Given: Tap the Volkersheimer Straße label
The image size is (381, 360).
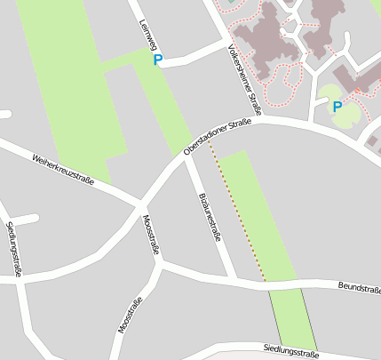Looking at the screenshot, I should pyautogui.click(x=243, y=80).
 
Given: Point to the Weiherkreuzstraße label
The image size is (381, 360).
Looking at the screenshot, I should pyautogui.click(x=62, y=169).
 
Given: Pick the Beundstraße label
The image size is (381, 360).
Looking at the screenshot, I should pyautogui.click(x=359, y=288).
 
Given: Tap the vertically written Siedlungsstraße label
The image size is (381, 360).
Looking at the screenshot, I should pyautogui.click(x=13, y=249).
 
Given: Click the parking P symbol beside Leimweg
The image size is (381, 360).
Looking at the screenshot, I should pyautogui.click(x=158, y=60).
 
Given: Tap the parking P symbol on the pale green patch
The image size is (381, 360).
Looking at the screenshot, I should pyautogui.click(x=337, y=107).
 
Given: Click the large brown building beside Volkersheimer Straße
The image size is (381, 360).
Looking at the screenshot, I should pyautogui.click(x=266, y=40).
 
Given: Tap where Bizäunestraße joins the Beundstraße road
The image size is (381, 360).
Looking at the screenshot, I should pyautogui.click(x=234, y=280).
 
